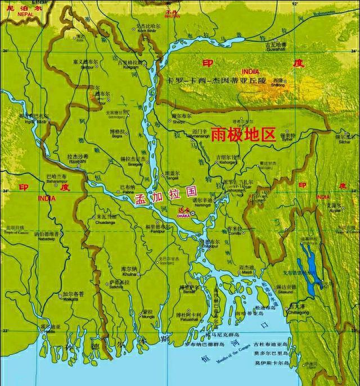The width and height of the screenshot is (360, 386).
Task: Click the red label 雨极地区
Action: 245,134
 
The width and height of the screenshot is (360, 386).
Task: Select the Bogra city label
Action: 118,134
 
